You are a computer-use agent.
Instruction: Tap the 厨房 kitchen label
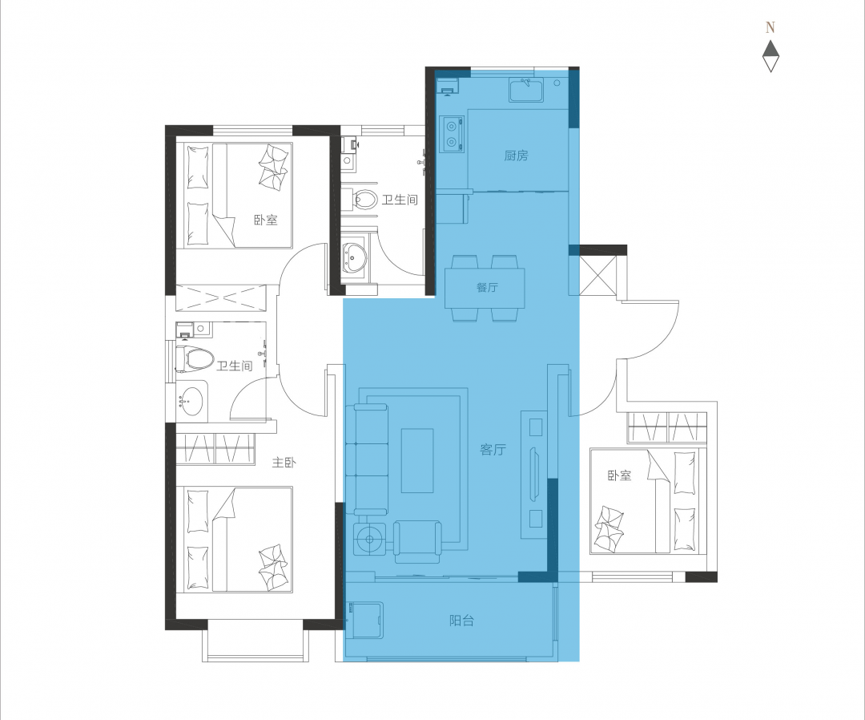point(516,156)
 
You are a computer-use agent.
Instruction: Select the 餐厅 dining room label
point(487,287)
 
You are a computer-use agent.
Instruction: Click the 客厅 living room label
point(493,450)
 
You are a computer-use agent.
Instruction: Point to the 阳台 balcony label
point(461,621)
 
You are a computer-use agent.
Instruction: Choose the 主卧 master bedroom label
point(284,462)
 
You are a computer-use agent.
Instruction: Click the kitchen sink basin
point(526,90)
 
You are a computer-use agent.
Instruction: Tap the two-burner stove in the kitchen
point(452,133)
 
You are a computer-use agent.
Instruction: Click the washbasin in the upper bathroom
point(353,257)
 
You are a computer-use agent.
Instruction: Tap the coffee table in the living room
point(417,460)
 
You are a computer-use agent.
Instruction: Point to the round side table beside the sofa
point(368,537)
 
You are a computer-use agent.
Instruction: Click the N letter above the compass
point(770,27)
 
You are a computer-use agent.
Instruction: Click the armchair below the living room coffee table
point(417,542)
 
